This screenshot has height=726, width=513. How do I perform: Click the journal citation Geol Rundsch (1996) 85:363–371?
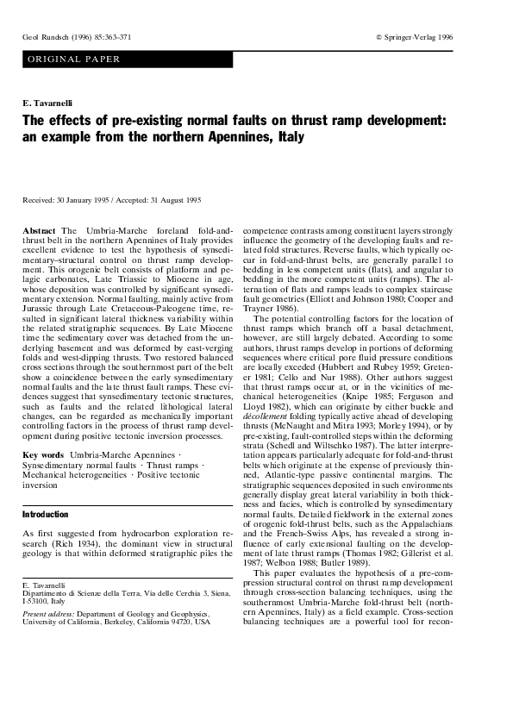77,38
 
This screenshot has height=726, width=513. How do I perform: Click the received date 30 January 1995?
84,200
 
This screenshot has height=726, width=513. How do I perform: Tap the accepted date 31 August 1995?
172,200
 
